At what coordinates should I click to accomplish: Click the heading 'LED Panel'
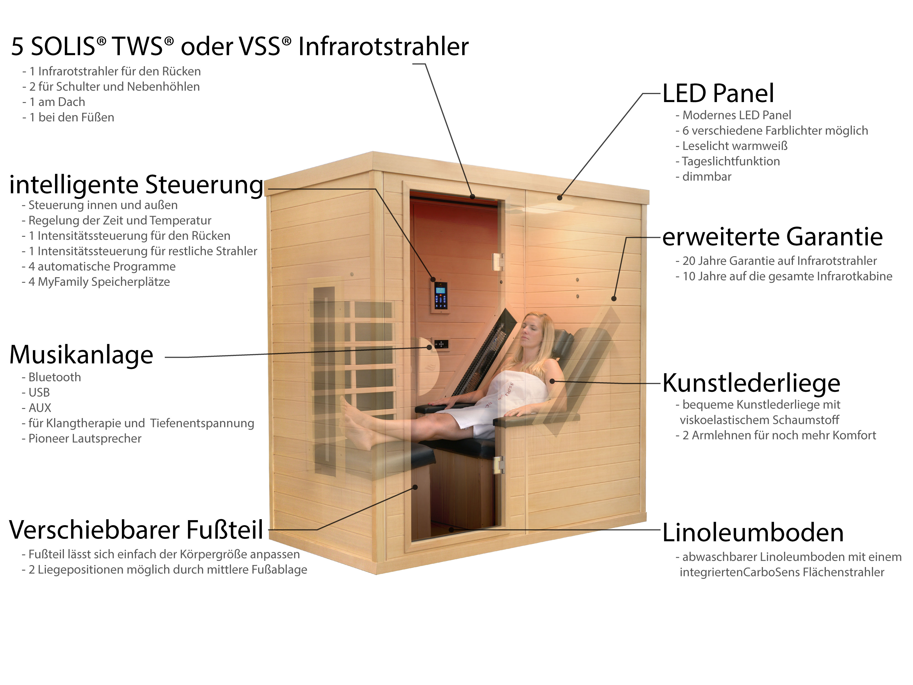point(718,93)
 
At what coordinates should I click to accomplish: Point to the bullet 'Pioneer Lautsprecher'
point(85,438)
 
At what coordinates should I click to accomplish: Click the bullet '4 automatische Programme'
point(102,266)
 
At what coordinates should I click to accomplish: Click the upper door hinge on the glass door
point(498,262)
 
